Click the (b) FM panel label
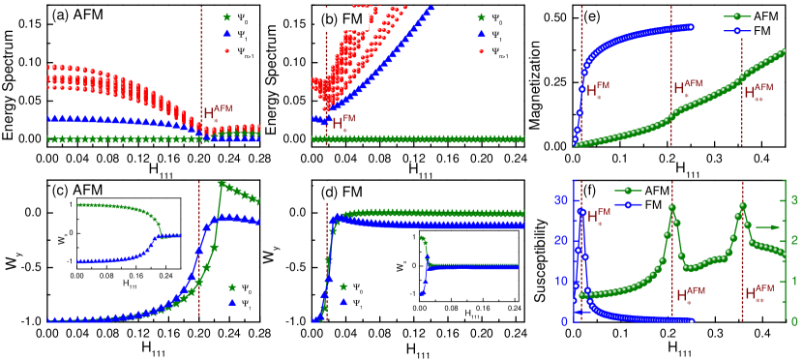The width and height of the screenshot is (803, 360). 342,19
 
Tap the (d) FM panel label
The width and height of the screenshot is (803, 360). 342,192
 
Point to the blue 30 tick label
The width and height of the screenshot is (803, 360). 560,200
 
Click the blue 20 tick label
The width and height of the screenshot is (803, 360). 560,240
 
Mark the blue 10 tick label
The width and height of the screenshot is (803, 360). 560,281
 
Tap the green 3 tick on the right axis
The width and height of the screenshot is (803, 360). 791,200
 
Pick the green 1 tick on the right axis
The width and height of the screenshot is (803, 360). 791,281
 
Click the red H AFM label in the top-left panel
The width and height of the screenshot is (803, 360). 219,113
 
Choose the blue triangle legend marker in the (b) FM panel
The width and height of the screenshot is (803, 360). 481,34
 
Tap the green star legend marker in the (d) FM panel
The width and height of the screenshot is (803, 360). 343,286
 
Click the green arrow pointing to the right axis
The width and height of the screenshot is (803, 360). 766,226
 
